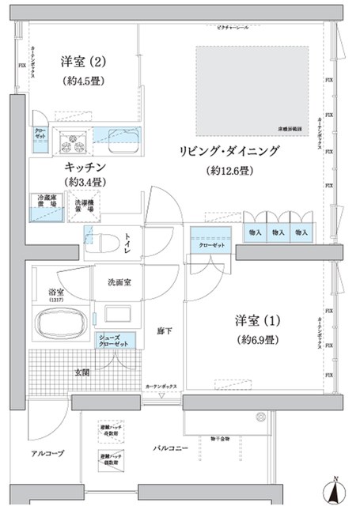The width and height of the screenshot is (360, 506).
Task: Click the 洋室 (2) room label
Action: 82,61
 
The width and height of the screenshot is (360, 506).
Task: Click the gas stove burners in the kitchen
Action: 74,142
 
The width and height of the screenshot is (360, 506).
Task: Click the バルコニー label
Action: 170,449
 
